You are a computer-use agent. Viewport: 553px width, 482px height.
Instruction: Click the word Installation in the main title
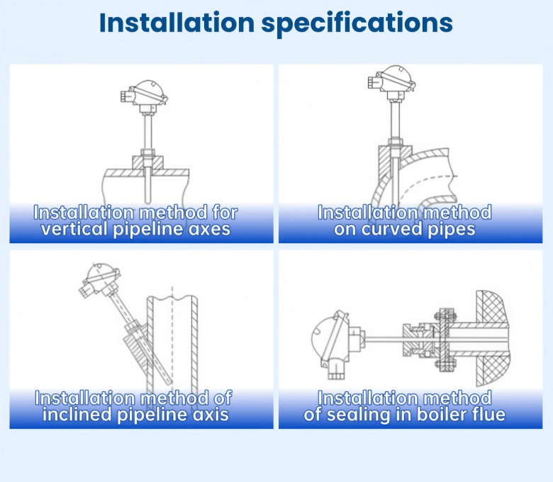(x=177, y=23)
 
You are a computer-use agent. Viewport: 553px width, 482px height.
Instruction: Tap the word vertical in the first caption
(x=74, y=229)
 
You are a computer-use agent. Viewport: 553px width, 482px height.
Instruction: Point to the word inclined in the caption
(x=77, y=414)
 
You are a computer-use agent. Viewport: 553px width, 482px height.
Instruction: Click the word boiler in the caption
(x=445, y=414)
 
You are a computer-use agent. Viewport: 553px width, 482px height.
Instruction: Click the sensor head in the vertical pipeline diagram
(x=144, y=94)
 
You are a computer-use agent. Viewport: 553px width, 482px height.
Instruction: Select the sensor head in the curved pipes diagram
(x=392, y=80)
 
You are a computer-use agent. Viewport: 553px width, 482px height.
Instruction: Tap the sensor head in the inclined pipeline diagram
(x=100, y=279)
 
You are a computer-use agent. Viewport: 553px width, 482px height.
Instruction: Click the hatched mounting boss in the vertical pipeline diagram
(x=148, y=162)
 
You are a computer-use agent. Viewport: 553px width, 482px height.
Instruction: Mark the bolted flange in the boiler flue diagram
(x=445, y=340)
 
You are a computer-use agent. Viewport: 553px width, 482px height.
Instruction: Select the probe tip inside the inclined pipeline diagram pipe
(x=169, y=383)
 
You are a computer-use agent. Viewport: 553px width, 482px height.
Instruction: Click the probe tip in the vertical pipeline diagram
(x=148, y=202)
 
